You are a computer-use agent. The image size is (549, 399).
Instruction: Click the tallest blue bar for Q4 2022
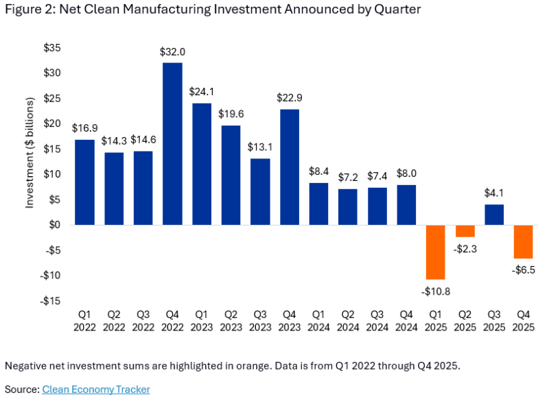tap(172, 144)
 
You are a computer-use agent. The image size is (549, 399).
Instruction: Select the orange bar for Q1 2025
tap(436, 252)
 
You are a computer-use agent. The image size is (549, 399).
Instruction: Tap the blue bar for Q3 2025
tap(494, 215)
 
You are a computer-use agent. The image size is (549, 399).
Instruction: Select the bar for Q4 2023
tap(290, 167)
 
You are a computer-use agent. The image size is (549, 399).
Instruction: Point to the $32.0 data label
tap(172, 51)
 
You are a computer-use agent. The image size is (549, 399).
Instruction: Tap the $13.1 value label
tap(260, 147)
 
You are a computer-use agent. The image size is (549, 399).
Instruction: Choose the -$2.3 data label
tap(465, 248)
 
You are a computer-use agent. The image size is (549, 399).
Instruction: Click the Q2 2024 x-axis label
tap(348, 321)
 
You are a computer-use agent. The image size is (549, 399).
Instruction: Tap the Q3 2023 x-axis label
tap(260, 321)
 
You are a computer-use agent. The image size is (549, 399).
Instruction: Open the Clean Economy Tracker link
tap(96, 389)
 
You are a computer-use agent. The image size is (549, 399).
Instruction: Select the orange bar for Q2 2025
tap(465, 230)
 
